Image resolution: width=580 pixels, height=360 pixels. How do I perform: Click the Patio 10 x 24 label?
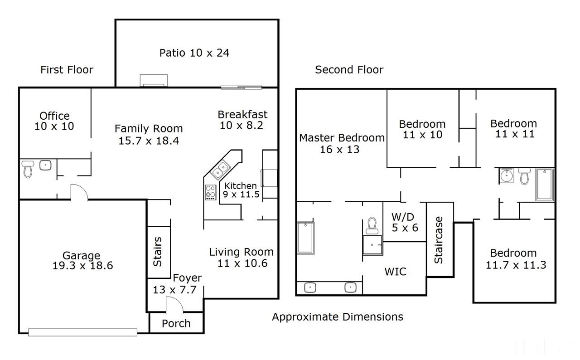click(x=194, y=53)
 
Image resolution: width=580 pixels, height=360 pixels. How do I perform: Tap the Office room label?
click(x=54, y=116)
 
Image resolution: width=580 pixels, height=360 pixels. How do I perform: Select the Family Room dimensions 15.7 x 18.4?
click(x=149, y=141)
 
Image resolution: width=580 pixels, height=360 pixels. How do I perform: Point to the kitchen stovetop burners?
click(x=211, y=192)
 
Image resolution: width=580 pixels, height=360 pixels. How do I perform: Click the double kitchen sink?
click(x=220, y=170)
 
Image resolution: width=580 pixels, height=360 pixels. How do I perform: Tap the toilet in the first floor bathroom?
click(x=28, y=169)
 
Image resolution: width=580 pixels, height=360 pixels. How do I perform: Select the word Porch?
click(x=176, y=323)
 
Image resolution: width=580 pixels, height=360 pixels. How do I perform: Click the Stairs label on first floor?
click(x=157, y=252)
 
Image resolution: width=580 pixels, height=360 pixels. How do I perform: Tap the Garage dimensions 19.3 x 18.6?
click(x=82, y=266)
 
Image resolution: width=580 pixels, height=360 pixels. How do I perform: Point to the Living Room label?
click(x=242, y=252)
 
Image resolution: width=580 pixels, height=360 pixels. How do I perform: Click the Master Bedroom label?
click(x=342, y=138)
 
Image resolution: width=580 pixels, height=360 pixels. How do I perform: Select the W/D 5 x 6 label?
click(x=405, y=222)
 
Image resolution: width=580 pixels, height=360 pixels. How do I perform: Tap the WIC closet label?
click(x=396, y=272)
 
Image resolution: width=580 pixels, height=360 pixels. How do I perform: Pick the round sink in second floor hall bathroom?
click(x=507, y=175)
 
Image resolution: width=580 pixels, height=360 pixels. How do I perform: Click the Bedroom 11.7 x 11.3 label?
click(x=516, y=259)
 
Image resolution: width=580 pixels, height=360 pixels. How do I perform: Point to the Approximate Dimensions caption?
click(x=338, y=317)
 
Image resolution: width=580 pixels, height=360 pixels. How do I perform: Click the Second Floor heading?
click(x=349, y=70)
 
